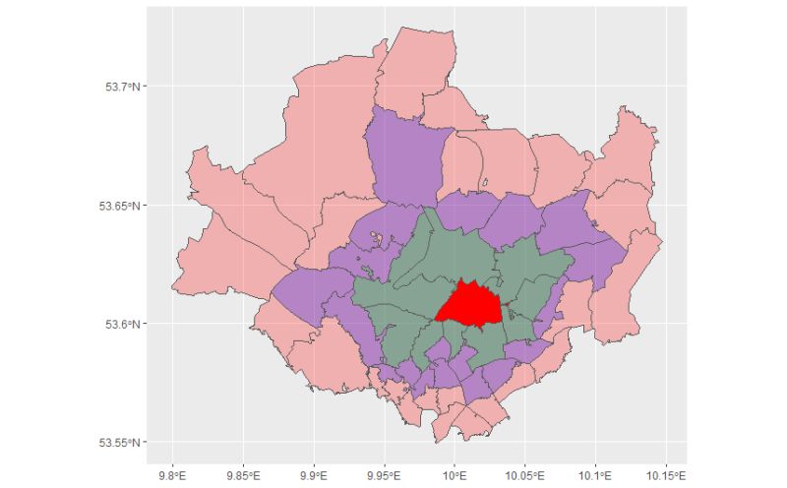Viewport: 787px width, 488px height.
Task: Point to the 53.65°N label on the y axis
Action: tap(121, 206)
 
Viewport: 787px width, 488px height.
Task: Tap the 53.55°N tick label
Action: tap(121, 442)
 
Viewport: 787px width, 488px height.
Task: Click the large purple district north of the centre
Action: tap(401, 157)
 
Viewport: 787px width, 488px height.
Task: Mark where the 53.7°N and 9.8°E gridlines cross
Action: tap(173, 87)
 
